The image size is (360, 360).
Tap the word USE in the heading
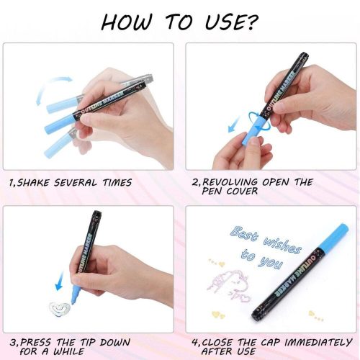pos(224,22)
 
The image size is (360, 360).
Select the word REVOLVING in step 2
pos(230,182)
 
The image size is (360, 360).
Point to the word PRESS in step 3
pos(35,342)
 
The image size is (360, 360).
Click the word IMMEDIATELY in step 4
pos(318,342)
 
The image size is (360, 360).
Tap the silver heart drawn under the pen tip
pos(59,308)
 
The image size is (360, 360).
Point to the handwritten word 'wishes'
pos(282,245)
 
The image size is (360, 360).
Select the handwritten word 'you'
pos(270,263)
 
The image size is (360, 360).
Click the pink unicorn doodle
pos(228,285)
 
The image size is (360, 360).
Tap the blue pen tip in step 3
pos(75,294)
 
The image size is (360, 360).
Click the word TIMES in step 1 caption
pos(117,183)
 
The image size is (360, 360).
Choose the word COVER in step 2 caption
pos(242,192)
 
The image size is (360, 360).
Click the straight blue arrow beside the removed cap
pos(234,124)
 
